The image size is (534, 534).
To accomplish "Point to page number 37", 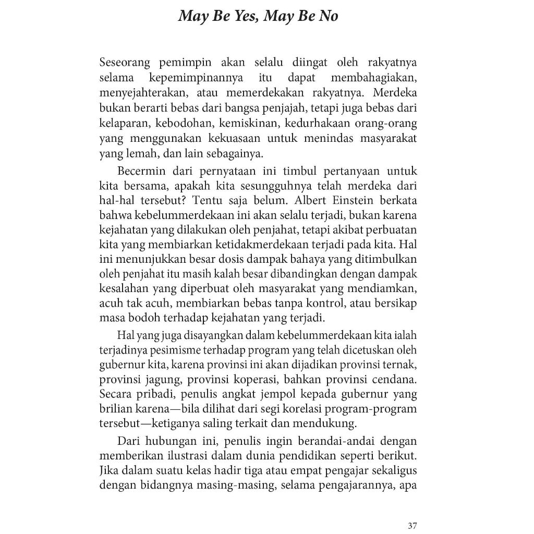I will [412, 525].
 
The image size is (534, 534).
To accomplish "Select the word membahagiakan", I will [374, 79].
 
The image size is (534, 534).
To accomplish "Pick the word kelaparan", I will [120, 124].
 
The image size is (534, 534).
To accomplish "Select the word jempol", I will [244, 394].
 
